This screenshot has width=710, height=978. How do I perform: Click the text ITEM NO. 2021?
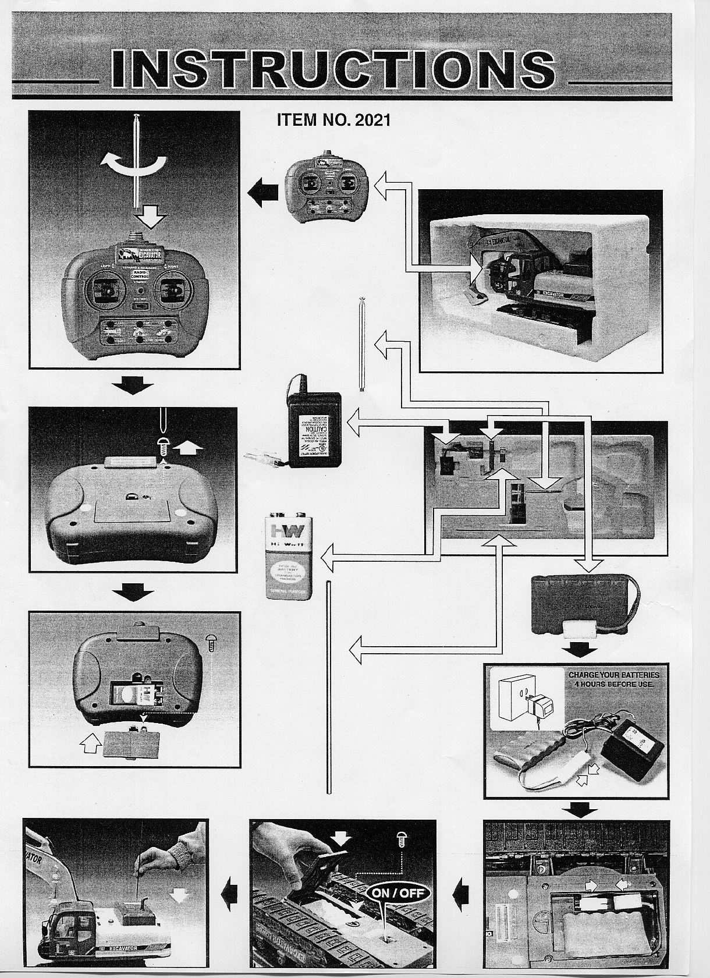tap(333, 120)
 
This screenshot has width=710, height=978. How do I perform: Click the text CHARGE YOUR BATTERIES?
tap(614, 674)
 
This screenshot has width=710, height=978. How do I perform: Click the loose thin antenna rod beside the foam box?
tap(362, 346)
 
